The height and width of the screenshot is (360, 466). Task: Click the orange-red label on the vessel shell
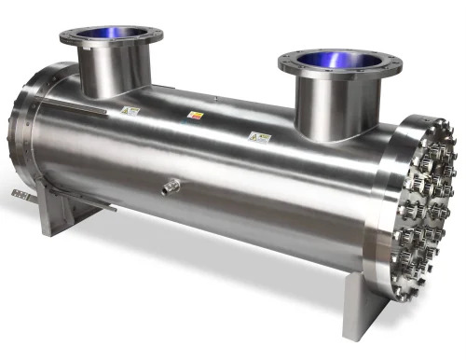coord(195,115)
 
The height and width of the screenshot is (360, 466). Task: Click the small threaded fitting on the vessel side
coord(169,187)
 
